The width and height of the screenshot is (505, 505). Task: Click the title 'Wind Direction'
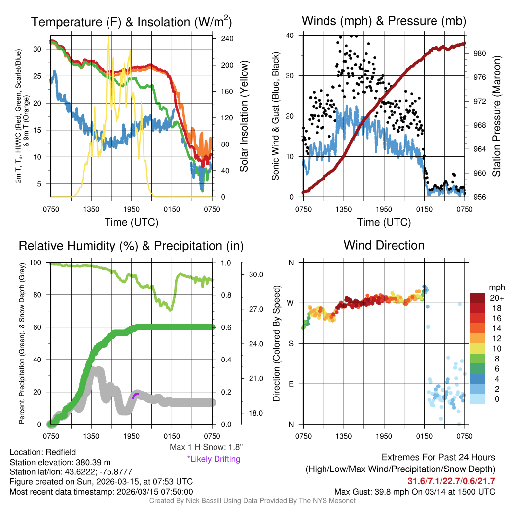(384, 245)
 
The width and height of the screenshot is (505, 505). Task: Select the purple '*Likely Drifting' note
(214, 459)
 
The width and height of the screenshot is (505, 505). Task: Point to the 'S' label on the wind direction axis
(291, 343)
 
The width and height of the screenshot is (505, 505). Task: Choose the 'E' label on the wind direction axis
(291, 384)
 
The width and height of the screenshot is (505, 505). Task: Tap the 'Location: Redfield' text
(43, 452)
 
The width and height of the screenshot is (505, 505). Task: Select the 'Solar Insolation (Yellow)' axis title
(244, 116)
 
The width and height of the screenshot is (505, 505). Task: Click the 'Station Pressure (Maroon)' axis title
(497, 116)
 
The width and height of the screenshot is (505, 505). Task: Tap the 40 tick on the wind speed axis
(290, 36)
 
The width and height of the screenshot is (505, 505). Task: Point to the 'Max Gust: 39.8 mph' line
(414, 491)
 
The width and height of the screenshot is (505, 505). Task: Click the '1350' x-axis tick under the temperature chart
(91, 209)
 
